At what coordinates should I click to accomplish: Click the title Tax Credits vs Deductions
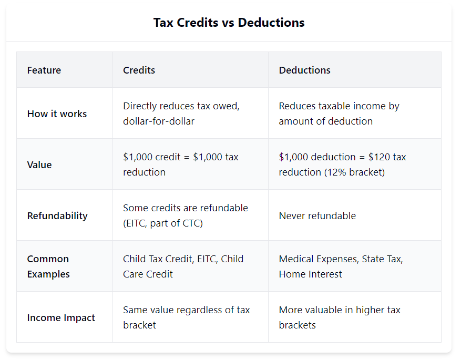(229, 23)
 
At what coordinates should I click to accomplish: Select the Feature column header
(44, 70)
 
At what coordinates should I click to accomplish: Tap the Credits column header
(139, 70)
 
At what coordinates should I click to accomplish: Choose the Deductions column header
(304, 70)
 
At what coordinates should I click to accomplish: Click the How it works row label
(57, 114)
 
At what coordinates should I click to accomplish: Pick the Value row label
(39, 164)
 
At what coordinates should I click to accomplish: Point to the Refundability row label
(57, 215)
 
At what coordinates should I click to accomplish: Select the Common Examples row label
(48, 266)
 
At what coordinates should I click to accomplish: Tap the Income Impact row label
(61, 317)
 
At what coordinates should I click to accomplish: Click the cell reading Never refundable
(317, 215)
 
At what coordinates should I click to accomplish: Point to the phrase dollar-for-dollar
(159, 121)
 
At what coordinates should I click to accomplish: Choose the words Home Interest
(310, 274)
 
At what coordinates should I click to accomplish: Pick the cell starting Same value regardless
(186, 317)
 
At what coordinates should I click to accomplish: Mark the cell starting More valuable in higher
(339, 317)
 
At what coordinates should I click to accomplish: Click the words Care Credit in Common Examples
(148, 274)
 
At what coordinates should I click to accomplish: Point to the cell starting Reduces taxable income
(339, 114)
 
